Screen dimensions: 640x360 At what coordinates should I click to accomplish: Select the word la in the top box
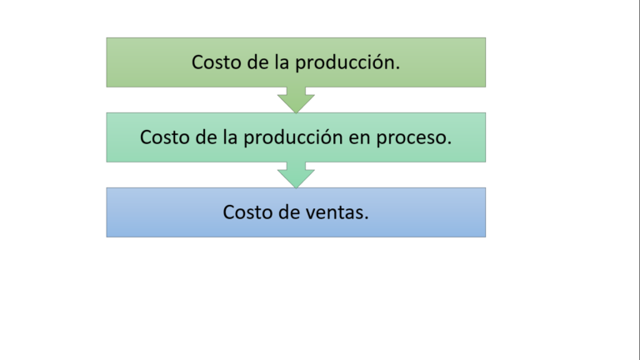[x=282, y=62]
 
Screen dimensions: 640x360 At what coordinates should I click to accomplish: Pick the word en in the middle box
[x=359, y=139]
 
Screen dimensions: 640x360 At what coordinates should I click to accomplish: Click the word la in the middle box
[x=230, y=137]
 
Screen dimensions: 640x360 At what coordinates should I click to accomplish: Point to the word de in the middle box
[x=205, y=137]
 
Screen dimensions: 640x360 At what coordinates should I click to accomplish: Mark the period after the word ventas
[x=366, y=218]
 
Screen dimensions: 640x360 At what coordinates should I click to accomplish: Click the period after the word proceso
[x=449, y=143]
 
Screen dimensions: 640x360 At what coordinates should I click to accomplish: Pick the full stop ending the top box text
[x=397, y=68]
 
